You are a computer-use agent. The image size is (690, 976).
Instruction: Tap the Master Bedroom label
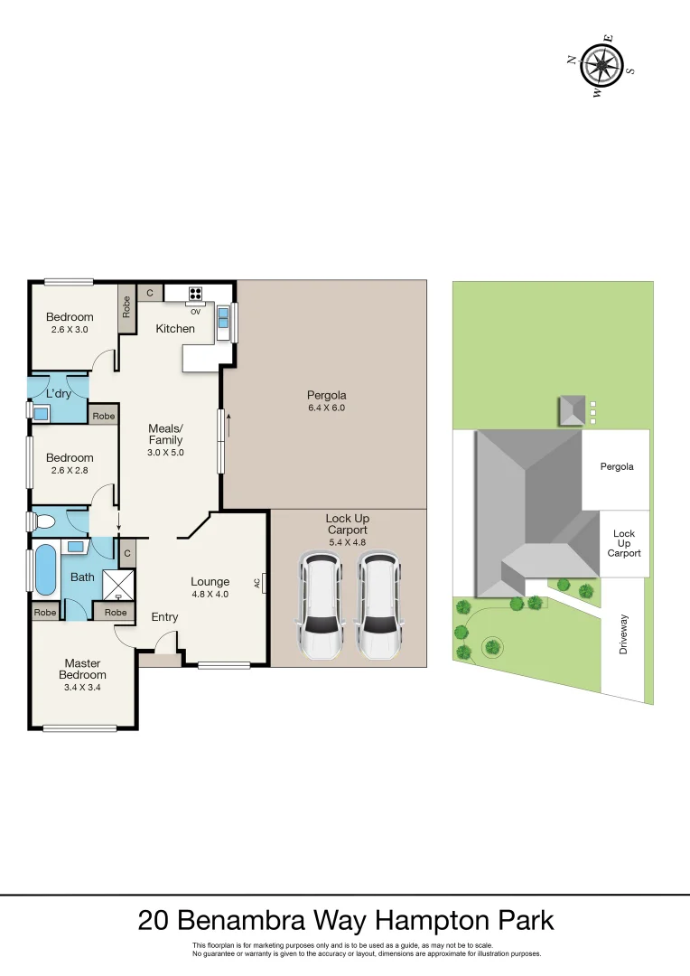82,669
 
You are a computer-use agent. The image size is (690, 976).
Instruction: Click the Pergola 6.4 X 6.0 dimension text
326,408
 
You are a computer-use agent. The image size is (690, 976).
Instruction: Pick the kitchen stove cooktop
195,293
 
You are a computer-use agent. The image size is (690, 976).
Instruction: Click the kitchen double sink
223,317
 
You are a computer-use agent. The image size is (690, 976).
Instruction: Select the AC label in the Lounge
257,583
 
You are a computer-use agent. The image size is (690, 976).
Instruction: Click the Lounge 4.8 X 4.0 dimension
210,595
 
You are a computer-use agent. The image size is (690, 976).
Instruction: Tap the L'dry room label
58,393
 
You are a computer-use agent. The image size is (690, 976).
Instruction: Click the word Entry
164,617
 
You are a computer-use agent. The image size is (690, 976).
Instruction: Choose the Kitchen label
175,328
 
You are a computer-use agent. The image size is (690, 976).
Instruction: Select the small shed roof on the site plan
572,409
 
